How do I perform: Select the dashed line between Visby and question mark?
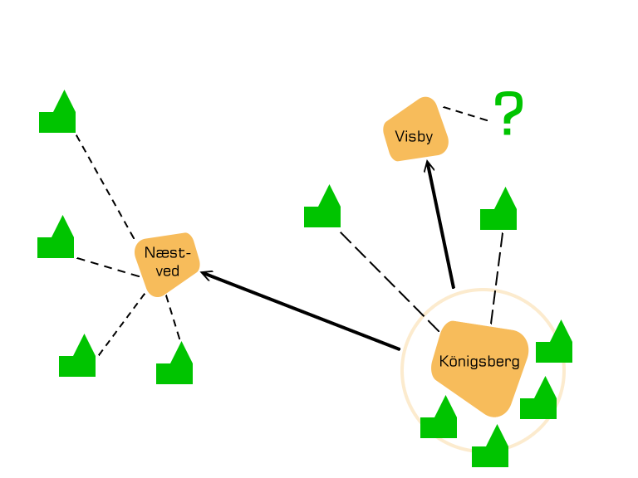(x=465, y=114)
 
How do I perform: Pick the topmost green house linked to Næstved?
(x=58, y=115)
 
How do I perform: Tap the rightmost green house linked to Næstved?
(x=175, y=366)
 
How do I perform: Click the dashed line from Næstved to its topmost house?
(x=106, y=184)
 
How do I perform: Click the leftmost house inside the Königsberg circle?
(x=439, y=420)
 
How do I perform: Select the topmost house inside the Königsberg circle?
(x=555, y=344)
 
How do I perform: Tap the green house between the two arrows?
(x=323, y=209)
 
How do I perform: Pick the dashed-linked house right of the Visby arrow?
(x=499, y=212)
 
